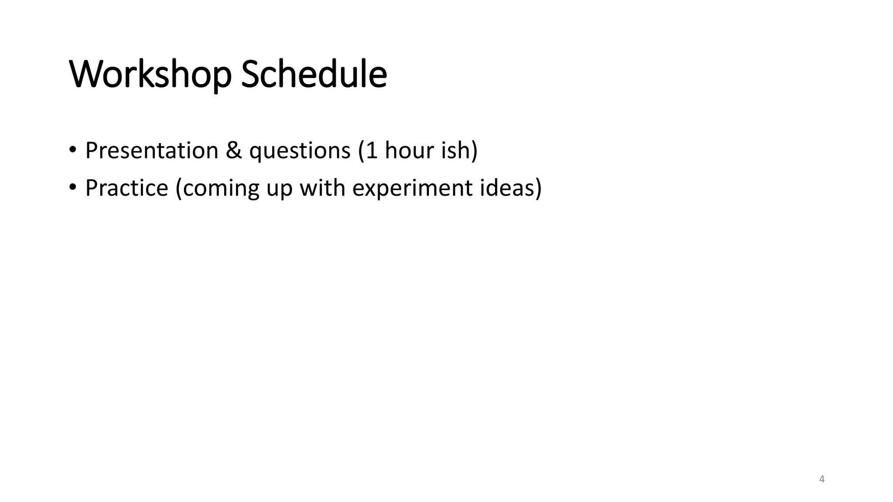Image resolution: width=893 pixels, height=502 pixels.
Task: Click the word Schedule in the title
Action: [x=314, y=75]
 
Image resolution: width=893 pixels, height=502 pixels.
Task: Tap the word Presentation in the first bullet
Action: [x=151, y=150]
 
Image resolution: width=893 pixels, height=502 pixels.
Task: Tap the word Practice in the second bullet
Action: [x=126, y=188]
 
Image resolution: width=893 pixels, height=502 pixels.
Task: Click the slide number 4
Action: [x=822, y=479]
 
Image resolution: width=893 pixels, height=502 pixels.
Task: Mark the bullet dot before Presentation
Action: [x=72, y=150]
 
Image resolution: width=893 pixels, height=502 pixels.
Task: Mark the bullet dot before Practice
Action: [x=72, y=188]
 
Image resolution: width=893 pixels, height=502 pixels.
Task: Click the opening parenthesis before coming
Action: [x=179, y=188]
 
